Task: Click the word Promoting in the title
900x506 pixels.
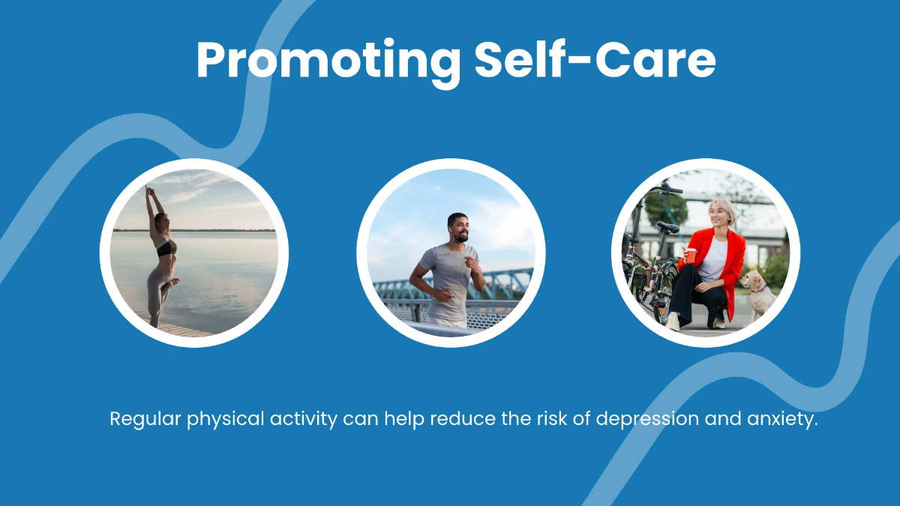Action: pyautogui.click(x=328, y=60)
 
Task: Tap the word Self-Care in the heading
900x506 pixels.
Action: pyautogui.click(x=595, y=60)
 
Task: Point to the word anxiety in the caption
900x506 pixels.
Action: pyautogui.click(x=778, y=418)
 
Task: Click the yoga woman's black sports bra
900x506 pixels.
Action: pyautogui.click(x=166, y=247)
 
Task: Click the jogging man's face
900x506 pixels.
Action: pyautogui.click(x=459, y=226)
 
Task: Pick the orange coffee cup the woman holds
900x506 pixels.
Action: pyautogui.click(x=691, y=255)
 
